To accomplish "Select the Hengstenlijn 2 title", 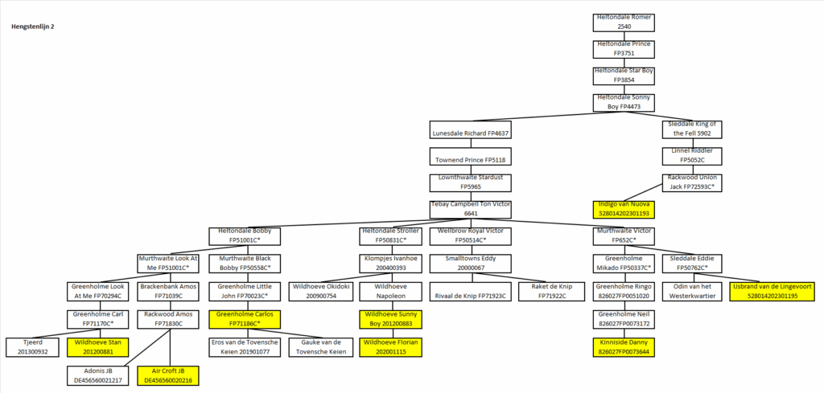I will click(32, 27).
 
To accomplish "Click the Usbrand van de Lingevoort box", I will click(772, 291).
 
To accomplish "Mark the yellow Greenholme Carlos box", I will click(245, 319).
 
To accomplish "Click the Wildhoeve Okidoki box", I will click(318, 291).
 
